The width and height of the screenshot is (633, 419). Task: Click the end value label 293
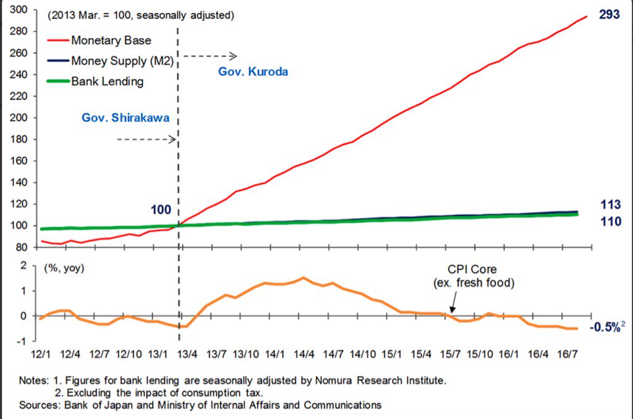(610, 15)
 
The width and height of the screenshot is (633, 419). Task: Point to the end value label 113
(610, 204)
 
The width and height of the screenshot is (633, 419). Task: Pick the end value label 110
(610, 221)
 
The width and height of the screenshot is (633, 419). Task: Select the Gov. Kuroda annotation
(253, 71)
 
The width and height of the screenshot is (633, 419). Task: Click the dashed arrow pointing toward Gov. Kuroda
(210, 56)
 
